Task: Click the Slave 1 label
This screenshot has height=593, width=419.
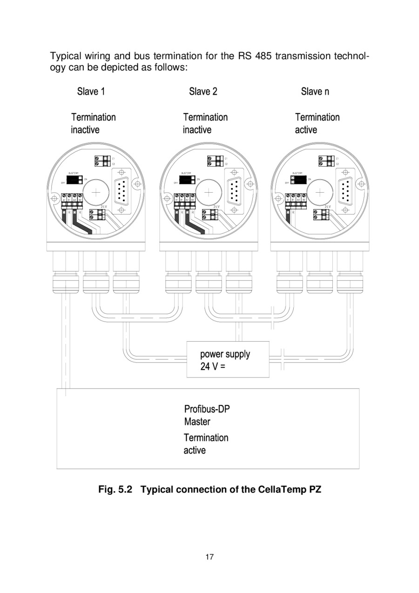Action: tap(91, 91)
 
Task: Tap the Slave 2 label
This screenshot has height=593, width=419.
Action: tap(203, 91)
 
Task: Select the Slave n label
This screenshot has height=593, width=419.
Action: tap(315, 91)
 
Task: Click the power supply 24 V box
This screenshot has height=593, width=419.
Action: tap(228, 359)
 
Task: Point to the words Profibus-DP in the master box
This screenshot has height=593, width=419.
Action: tap(207, 409)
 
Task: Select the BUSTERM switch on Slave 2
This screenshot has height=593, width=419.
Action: tap(187, 179)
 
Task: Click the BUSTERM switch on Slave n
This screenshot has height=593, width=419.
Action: tap(299, 180)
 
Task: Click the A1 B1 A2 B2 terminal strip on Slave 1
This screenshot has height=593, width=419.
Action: tap(72, 197)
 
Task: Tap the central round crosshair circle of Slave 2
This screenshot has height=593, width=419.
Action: tap(209, 191)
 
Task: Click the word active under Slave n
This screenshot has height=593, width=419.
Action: tap(306, 130)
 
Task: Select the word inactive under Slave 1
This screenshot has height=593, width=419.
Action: tap(85, 130)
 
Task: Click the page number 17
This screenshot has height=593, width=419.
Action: tap(209, 556)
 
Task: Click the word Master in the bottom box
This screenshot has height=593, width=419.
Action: tap(197, 422)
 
